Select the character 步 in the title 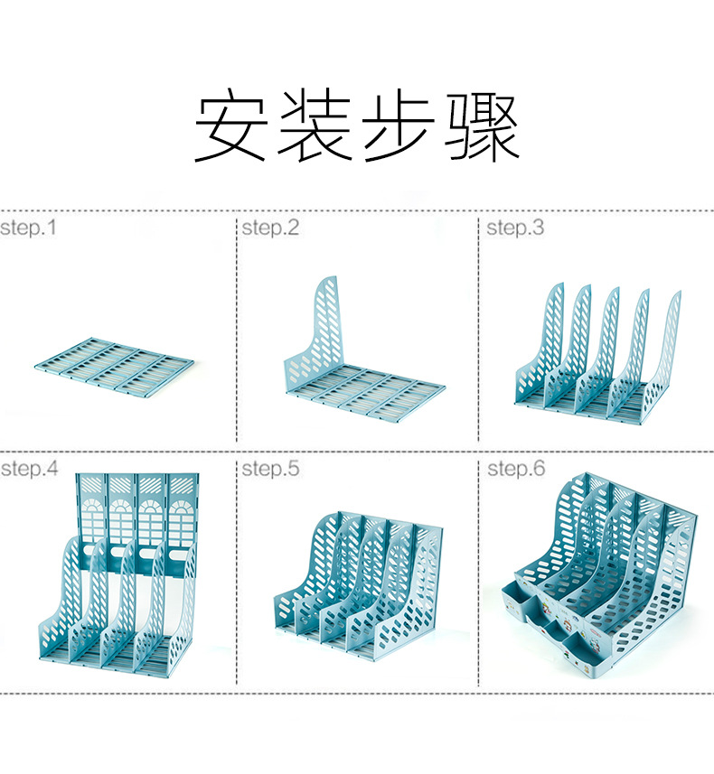pyautogui.click(x=399, y=126)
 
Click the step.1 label pyautogui.click(x=28, y=228)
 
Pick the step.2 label pyautogui.click(x=270, y=228)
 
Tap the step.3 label pyautogui.click(x=516, y=228)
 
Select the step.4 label pyautogui.click(x=30, y=469)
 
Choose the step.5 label pyautogui.click(x=270, y=469)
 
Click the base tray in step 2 pyautogui.click(x=371, y=393)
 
